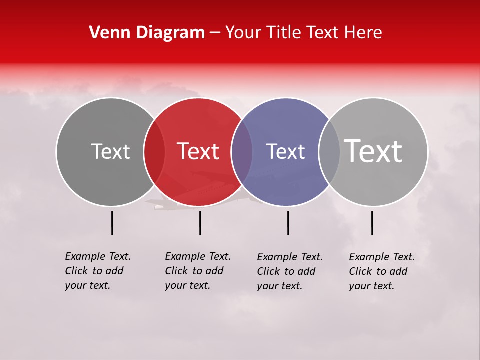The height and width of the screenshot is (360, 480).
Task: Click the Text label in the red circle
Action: (198, 151)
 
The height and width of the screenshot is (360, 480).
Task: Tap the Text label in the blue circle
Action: (285, 151)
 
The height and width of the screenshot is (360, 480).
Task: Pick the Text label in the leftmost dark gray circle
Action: (110, 151)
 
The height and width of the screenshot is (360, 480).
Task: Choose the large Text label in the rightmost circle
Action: (373, 151)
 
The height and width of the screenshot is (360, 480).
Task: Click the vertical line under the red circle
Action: (200, 223)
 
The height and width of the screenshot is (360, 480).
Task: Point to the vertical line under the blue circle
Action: (288, 223)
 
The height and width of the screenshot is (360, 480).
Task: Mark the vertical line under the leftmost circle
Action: (112, 223)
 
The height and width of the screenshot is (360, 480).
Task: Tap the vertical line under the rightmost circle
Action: (372, 223)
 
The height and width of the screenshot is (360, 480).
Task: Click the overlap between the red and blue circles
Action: (242, 152)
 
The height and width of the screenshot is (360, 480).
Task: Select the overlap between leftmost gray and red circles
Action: (154, 152)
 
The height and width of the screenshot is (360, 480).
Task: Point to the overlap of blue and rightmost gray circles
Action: (329, 152)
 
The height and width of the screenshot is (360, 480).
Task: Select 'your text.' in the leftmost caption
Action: (87, 285)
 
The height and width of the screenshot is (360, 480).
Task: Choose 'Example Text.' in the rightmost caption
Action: (382, 257)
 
